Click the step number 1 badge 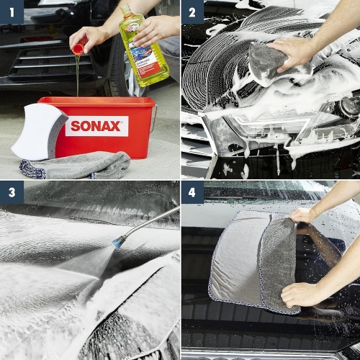12,12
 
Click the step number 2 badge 192,12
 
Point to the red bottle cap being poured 78,49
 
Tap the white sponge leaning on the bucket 37,130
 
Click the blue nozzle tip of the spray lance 117,242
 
